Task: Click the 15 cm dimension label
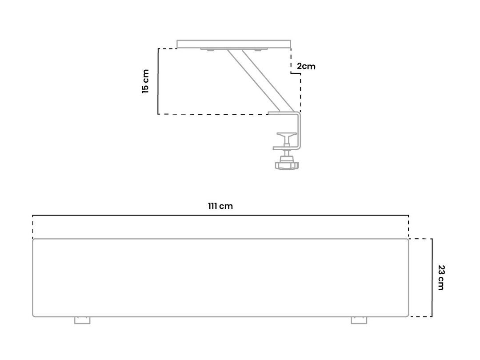click(145, 81)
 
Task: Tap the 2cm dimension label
click(306, 66)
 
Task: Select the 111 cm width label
click(220, 206)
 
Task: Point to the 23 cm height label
click(441, 277)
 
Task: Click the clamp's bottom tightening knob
click(287, 165)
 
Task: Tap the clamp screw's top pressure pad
click(287, 135)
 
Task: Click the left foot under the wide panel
click(82, 320)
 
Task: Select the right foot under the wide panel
click(359, 320)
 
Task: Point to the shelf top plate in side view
click(234, 44)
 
